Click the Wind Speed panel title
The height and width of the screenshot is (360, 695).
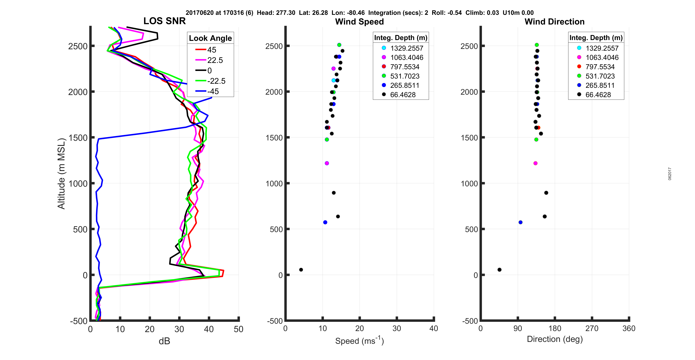[x=359, y=22]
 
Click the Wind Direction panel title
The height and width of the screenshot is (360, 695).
[x=554, y=22]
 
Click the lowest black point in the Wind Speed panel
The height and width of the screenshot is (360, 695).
[x=301, y=270]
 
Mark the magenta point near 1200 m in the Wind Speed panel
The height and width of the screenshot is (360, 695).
[x=327, y=163]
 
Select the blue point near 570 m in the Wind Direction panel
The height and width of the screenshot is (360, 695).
[x=520, y=222]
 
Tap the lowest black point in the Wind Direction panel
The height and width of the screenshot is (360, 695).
[x=499, y=270]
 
